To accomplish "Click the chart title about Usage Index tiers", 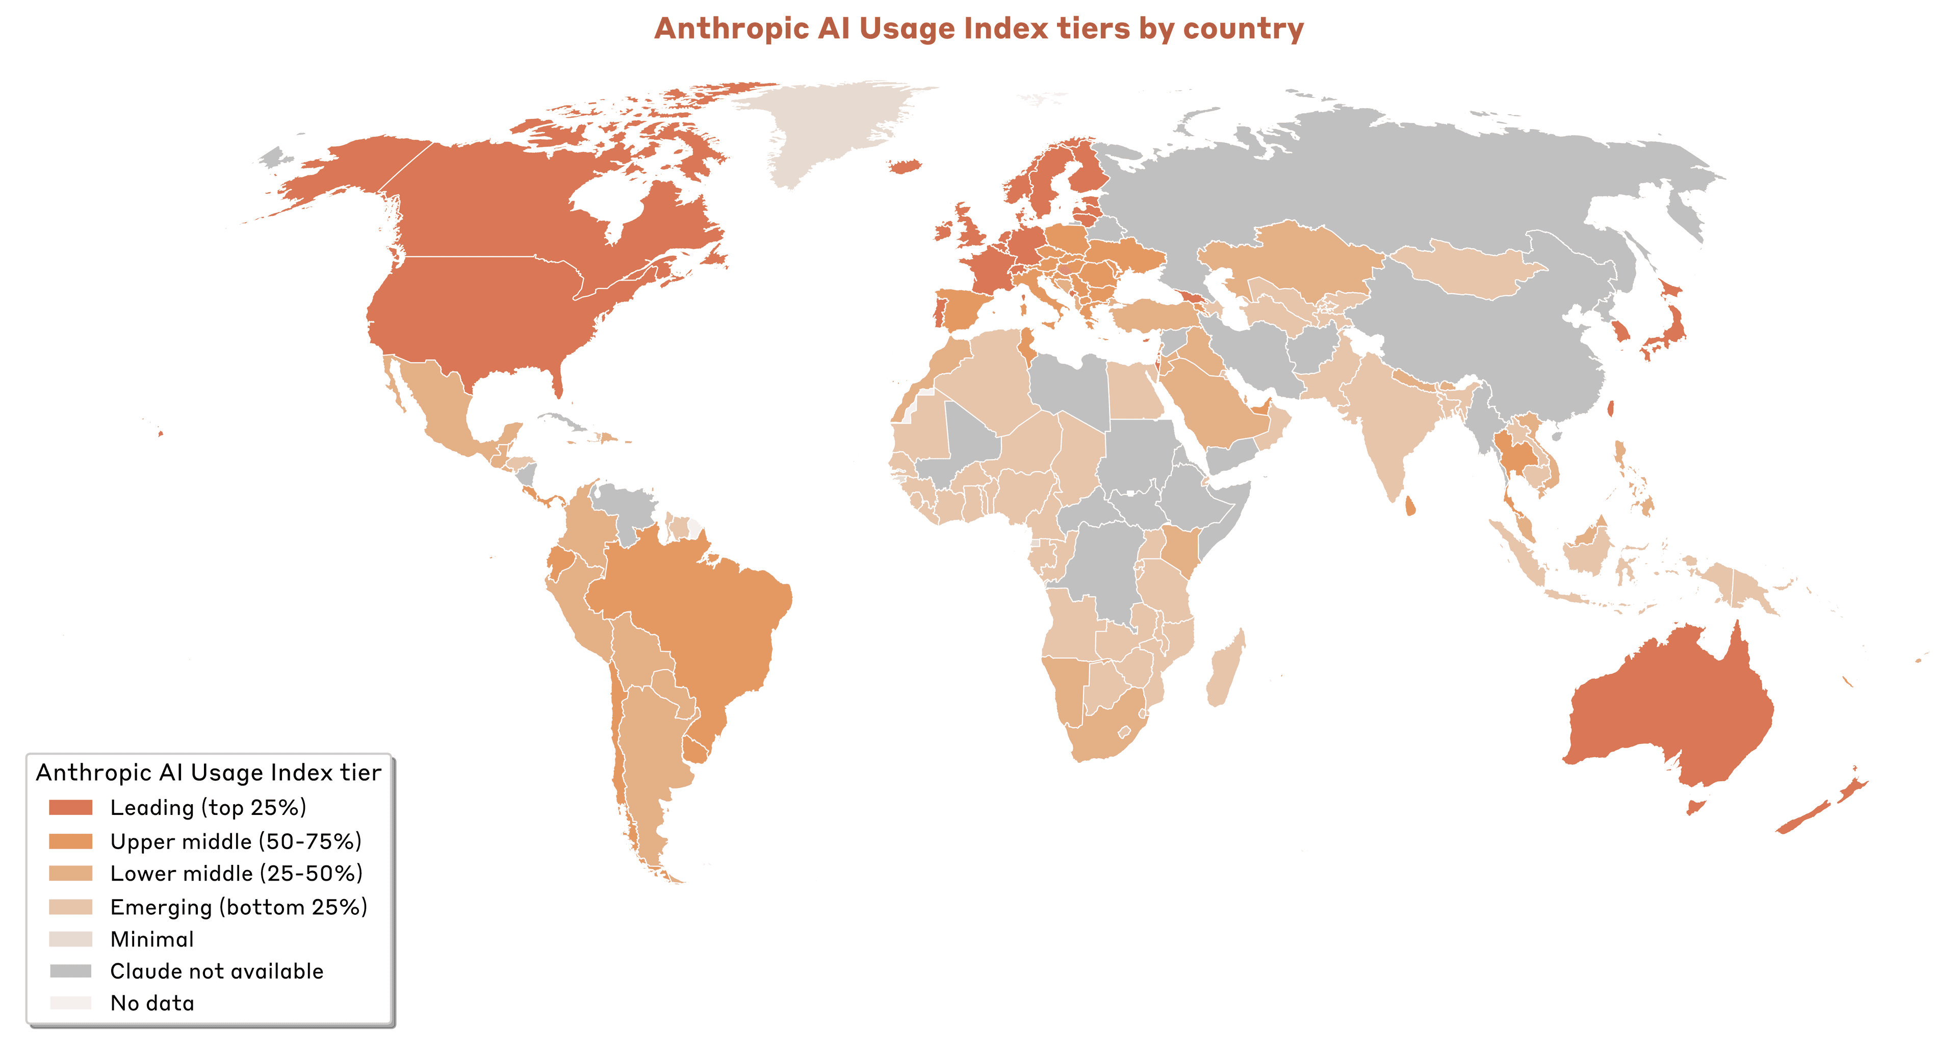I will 978,29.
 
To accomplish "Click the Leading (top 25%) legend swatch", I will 71,807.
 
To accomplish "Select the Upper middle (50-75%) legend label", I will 236,841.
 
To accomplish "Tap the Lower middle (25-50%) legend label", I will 236,873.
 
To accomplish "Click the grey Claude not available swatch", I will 71,971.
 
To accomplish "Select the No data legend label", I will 152,1003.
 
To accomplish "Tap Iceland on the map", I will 905,166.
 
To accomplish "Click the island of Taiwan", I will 1611,409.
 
